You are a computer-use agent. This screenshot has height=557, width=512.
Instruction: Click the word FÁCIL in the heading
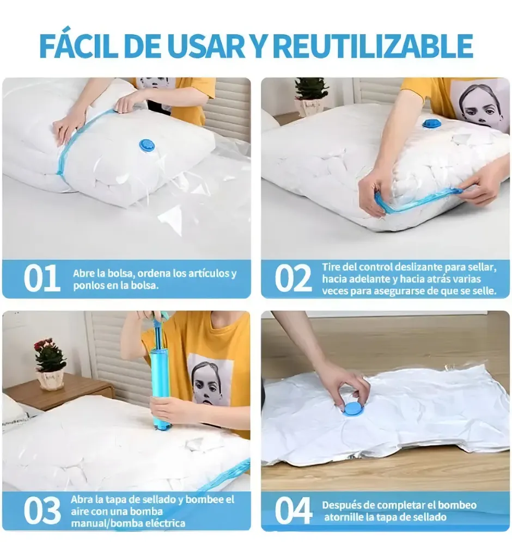[78, 46]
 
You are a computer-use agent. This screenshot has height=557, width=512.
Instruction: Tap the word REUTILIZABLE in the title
[374, 46]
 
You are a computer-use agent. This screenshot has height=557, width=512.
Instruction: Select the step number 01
[41, 278]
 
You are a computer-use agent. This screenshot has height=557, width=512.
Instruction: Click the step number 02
[293, 278]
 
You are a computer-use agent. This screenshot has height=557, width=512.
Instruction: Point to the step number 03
[42, 510]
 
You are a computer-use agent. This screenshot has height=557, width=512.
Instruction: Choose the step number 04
[293, 510]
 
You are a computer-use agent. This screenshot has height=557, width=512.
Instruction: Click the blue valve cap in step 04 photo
[354, 408]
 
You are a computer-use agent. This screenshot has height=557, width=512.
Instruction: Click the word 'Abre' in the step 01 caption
[84, 273]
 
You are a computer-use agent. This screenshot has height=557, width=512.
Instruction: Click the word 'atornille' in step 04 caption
[342, 517]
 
